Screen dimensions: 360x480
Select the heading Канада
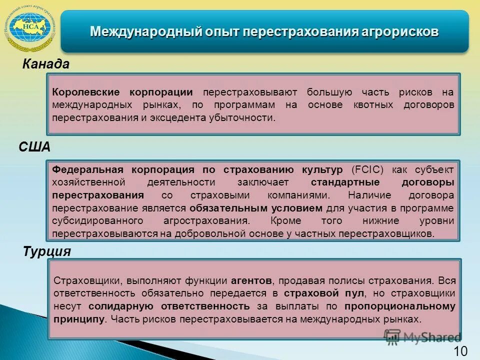coord(45,64)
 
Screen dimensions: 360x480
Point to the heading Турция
coord(47,251)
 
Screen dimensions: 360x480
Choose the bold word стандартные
coord(345,182)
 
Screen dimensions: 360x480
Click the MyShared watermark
coord(422,337)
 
